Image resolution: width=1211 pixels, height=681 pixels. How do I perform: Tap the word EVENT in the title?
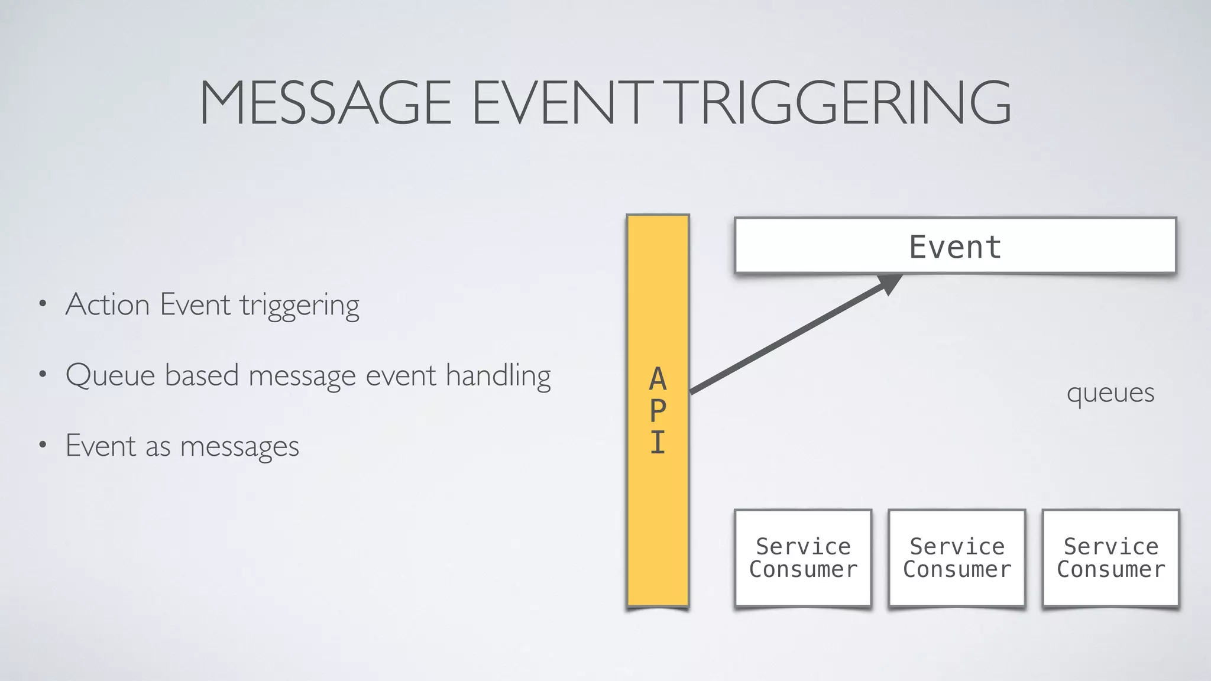point(559,103)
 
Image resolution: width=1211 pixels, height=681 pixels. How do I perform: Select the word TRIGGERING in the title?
point(840,103)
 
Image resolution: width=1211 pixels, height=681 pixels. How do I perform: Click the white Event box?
point(954,246)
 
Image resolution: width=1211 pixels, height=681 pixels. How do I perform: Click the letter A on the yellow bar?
point(658,380)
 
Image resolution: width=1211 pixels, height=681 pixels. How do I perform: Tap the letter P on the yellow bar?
point(658,411)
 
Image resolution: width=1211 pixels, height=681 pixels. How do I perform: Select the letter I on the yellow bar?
point(658,442)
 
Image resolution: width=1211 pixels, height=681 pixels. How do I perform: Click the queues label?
point(1110,393)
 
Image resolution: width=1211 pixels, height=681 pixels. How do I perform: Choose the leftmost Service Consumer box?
point(803,557)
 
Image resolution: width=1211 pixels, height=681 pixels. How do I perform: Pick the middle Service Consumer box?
point(957,557)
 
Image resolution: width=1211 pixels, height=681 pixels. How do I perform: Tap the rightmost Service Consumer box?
point(1110,557)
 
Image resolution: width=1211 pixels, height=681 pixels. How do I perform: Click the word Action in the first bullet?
point(108,305)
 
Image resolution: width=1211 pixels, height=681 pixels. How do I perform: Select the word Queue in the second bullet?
point(111,376)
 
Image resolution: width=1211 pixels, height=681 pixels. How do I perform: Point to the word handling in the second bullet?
point(498,376)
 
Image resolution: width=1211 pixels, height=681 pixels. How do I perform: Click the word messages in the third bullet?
point(239,447)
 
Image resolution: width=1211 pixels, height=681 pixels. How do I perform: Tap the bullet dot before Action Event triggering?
point(42,305)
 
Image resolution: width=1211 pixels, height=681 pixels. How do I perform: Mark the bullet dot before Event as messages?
point(42,445)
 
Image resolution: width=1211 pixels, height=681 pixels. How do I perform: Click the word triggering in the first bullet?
point(299,306)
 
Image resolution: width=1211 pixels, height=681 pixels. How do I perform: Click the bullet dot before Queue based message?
point(42,375)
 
